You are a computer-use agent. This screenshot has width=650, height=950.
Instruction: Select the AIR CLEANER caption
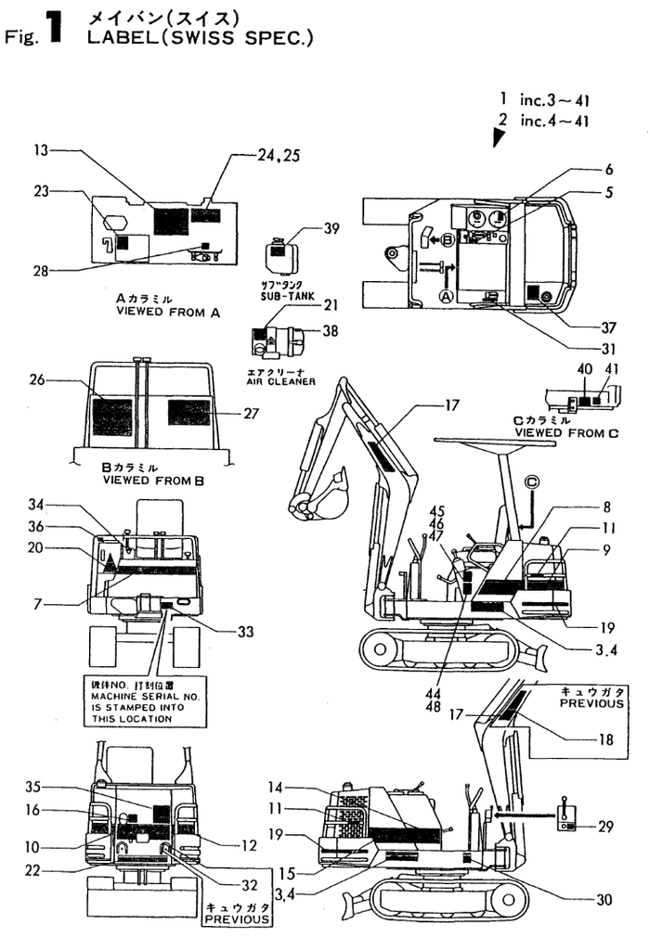tap(279, 381)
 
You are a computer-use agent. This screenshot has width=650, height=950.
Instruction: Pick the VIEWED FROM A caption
tap(167, 313)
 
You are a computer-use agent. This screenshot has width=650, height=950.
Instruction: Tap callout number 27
tap(252, 414)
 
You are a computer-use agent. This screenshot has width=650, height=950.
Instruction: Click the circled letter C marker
tap(531, 481)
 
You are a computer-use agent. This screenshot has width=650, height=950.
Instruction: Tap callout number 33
tap(245, 633)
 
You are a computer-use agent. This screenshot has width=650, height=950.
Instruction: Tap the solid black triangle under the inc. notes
tap(500, 137)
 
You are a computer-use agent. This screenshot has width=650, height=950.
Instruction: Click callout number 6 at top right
tap(608, 170)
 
